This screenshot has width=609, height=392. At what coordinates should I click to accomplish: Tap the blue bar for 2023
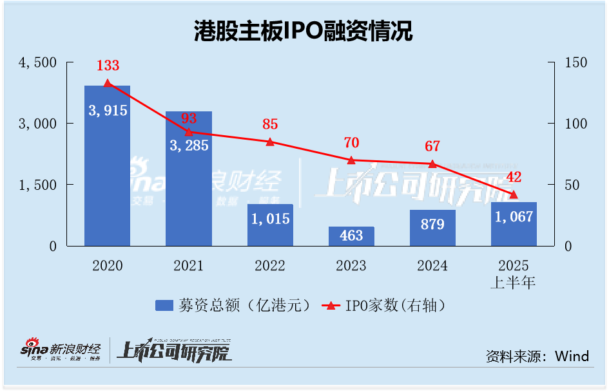click(351, 236)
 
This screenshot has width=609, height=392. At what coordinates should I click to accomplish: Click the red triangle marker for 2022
click(270, 142)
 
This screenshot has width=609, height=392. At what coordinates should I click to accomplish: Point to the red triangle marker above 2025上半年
click(514, 194)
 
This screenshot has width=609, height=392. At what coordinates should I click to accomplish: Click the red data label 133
click(108, 65)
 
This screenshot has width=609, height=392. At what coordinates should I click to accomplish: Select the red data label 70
click(351, 142)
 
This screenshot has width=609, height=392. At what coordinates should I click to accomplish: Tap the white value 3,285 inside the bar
click(188, 145)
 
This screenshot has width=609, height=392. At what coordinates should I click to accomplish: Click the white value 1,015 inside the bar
click(269, 218)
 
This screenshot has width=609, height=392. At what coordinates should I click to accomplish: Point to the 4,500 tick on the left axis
click(39, 62)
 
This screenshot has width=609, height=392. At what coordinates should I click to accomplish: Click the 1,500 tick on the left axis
click(39, 185)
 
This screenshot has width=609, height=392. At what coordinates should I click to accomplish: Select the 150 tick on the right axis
click(576, 62)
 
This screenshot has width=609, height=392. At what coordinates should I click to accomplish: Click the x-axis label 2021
click(188, 265)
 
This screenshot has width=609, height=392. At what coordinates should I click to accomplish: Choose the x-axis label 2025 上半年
click(514, 273)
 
